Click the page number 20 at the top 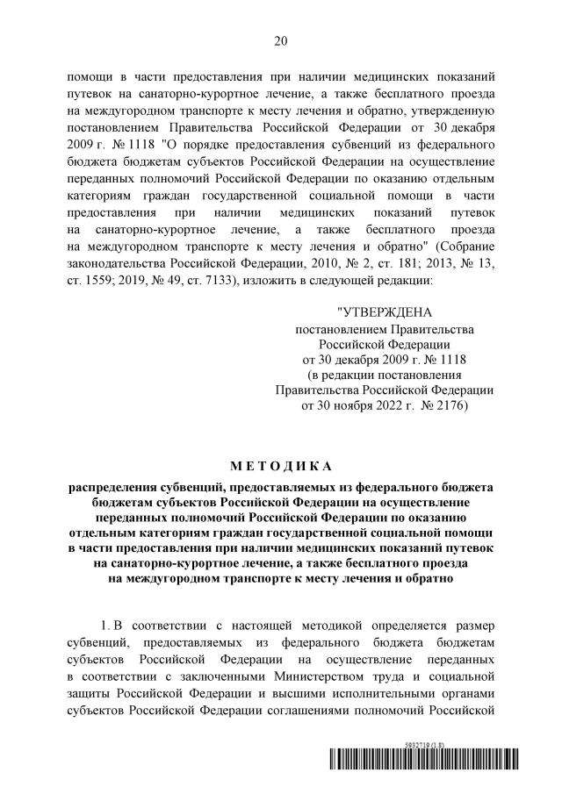(x=281, y=41)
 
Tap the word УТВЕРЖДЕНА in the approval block (x=385, y=312)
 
